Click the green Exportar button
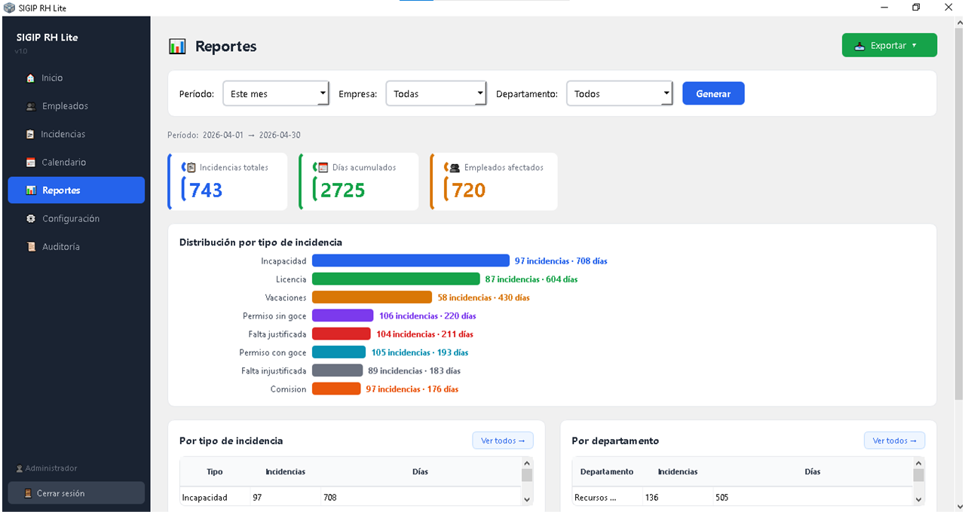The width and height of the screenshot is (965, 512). [889, 45]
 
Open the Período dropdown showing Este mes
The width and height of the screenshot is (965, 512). [276, 93]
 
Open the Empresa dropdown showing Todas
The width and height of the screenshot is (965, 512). [436, 93]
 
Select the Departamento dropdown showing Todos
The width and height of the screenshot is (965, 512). [619, 93]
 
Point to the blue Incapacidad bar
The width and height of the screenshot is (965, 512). [411, 261]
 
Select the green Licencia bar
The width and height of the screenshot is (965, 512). [396, 279]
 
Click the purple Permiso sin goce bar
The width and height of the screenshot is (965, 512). [342, 315]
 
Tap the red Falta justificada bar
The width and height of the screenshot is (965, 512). [342, 334]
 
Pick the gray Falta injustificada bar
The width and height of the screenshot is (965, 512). [337, 370]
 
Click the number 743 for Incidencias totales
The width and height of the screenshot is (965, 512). [206, 190]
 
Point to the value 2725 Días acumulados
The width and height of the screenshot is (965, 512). [343, 190]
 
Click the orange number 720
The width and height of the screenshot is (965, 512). [469, 190]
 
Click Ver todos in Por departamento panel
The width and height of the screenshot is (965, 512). [894, 440]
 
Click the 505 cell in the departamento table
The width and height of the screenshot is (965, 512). [722, 498]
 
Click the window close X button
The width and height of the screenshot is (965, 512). [948, 8]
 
